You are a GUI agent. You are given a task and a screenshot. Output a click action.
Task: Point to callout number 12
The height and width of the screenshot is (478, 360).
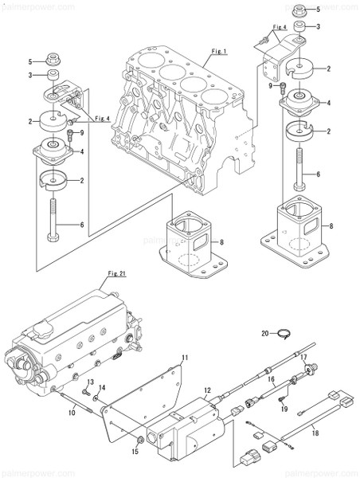point(206,390)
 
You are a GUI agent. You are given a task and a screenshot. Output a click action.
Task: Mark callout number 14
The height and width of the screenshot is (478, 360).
point(100,388)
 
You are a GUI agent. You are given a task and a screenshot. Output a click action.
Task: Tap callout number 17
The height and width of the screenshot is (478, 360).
point(303,356)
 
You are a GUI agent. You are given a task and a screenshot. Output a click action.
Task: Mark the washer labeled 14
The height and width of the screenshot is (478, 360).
point(96,397)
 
